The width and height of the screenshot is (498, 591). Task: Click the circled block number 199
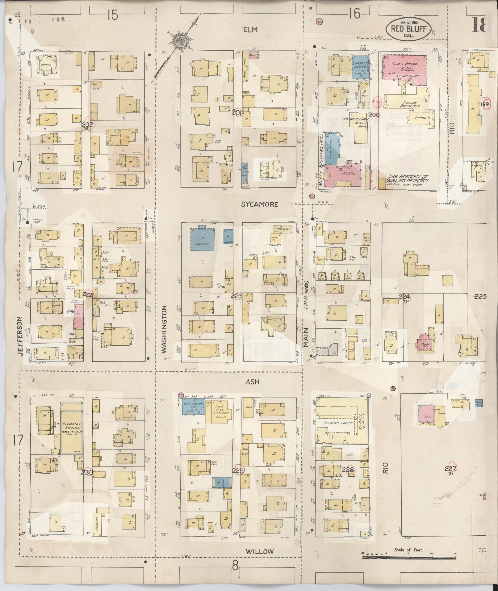pos(485,105)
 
